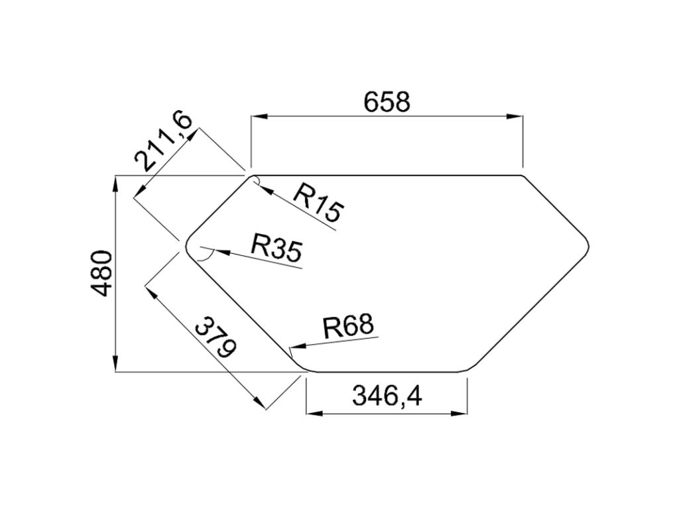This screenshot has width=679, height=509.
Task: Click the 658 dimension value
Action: pyautogui.click(x=387, y=102)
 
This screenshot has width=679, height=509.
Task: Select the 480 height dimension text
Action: pyautogui.click(x=101, y=273)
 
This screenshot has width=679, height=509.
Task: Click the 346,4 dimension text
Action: pyautogui.click(x=387, y=396)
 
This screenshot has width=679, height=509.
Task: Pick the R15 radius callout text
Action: pyautogui.click(x=318, y=202)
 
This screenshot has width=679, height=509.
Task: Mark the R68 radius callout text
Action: pyautogui.click(x=348, y=326)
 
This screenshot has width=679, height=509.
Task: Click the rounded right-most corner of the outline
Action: pyautogui.click(x=587, y=244)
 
